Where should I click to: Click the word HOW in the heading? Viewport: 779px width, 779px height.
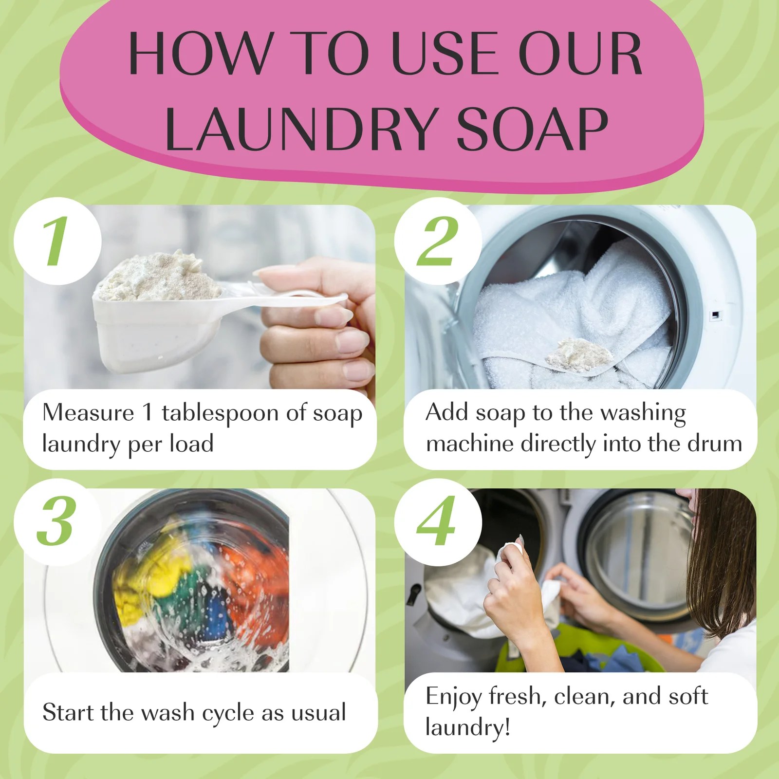(200, 54)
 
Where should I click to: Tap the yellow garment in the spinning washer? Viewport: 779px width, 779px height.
(146, 579)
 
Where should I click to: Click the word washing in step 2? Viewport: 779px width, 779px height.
(643, 413)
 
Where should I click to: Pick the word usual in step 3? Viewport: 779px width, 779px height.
(318, 713)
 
